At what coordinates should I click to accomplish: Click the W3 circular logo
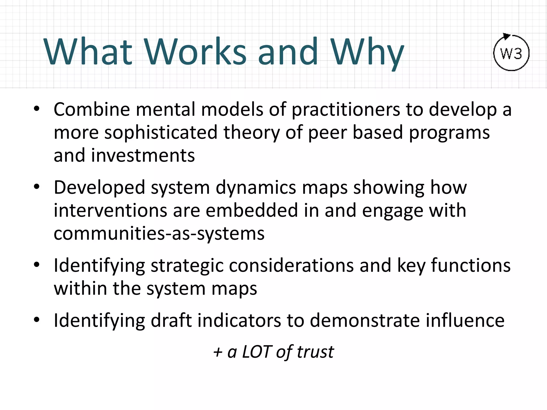pos(511,53)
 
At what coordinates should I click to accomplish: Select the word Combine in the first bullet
pos(92,109)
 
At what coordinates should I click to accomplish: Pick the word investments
pos(143,156)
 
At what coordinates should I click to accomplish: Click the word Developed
pos(99,188)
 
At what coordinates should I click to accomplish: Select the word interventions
pos(110,211)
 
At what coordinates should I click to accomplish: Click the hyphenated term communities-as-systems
pos(159,234)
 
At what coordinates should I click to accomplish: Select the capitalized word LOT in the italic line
pos(257,352)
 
